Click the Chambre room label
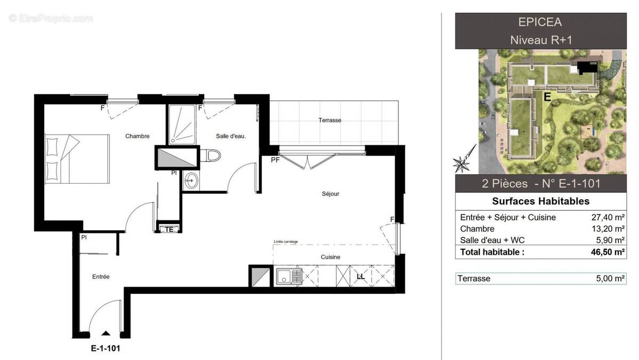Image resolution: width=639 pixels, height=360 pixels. point(137,136)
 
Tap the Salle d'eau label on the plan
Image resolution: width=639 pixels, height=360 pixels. point(231,136)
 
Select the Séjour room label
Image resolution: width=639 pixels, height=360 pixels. point(330,194)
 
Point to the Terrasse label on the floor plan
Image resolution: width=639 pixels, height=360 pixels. point(330,120)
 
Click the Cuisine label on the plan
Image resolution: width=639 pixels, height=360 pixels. point(330,257)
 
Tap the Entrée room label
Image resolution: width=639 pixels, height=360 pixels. point(101,276)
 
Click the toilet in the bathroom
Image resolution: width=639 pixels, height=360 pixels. point(213,156)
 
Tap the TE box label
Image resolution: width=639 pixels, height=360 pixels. point(169,229)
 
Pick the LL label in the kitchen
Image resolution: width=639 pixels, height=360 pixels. point(361,277)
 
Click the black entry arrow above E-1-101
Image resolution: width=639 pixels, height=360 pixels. point(106,333)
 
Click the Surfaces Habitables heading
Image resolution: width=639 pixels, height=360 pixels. point(540,201)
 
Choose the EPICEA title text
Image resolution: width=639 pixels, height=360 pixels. point(540,22)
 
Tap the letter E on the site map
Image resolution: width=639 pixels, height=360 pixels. point(546,97)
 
